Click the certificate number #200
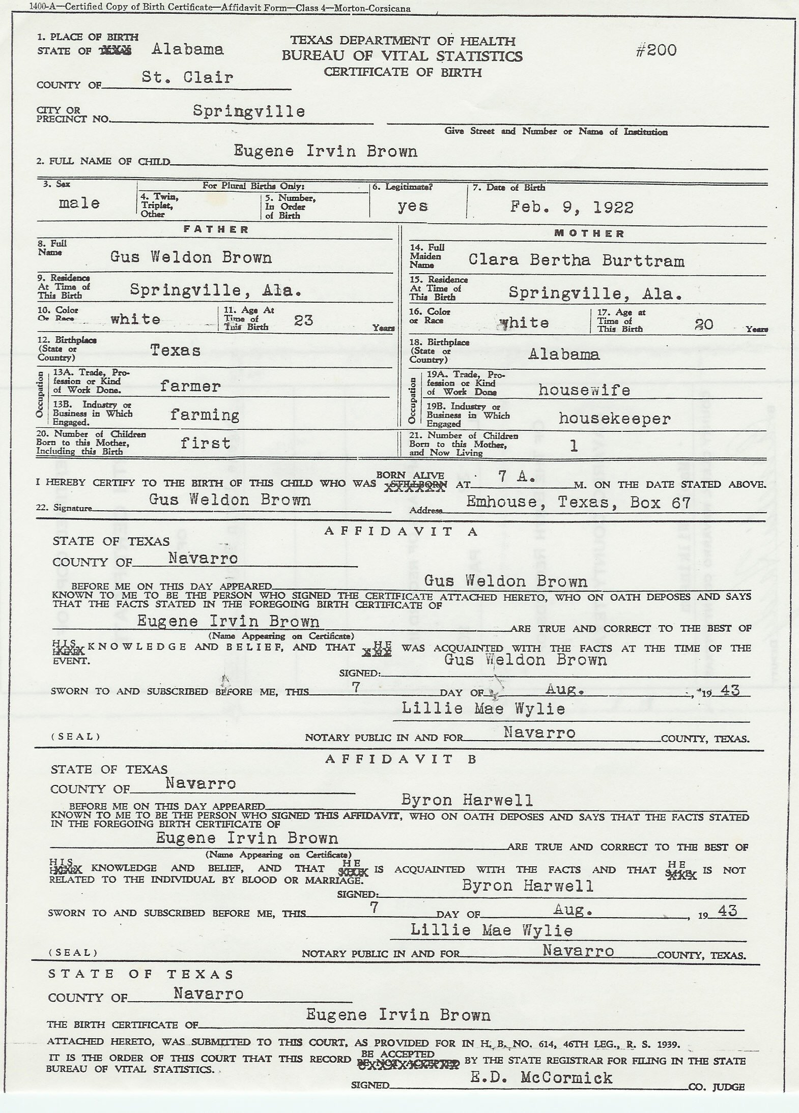pyautogui.click(x=656, y=50)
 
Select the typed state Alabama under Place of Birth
pyautogui.click(x=187, y=49)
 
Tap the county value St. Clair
pyautogui.click(x=187, y=78)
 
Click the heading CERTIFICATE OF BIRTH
pyautogui.click(x=403, y=73)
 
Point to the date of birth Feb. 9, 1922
pyautogui.click(x=572, y=208)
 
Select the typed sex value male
pyautogui.click(x=79, y=203)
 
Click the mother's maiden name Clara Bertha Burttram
pyautogui.click(x=576, y=260)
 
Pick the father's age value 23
pyautogui.click(x=303, y=320)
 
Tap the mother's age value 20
pyautogui.click(x=704, y=324)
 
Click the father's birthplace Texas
pyautogui.click(x=175, y=350)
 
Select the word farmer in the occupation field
pyautogui.click(x=190, y=386)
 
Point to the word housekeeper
pyautogui.click(x=614, y=419)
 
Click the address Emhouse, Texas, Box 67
pyautogui.click(x=579, y=503)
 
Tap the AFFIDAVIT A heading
pyautogui.click(x=402, y=532)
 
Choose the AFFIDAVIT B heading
pyautogui.click(x=401, y=759)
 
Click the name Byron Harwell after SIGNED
pyautogui.click(x=527, y=886)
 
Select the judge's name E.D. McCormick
pyautogui.click(x=541, y=1077)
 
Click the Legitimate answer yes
pyautogui.click(x=413, y=206)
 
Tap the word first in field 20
pyautogui.click(x=205, y=443)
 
